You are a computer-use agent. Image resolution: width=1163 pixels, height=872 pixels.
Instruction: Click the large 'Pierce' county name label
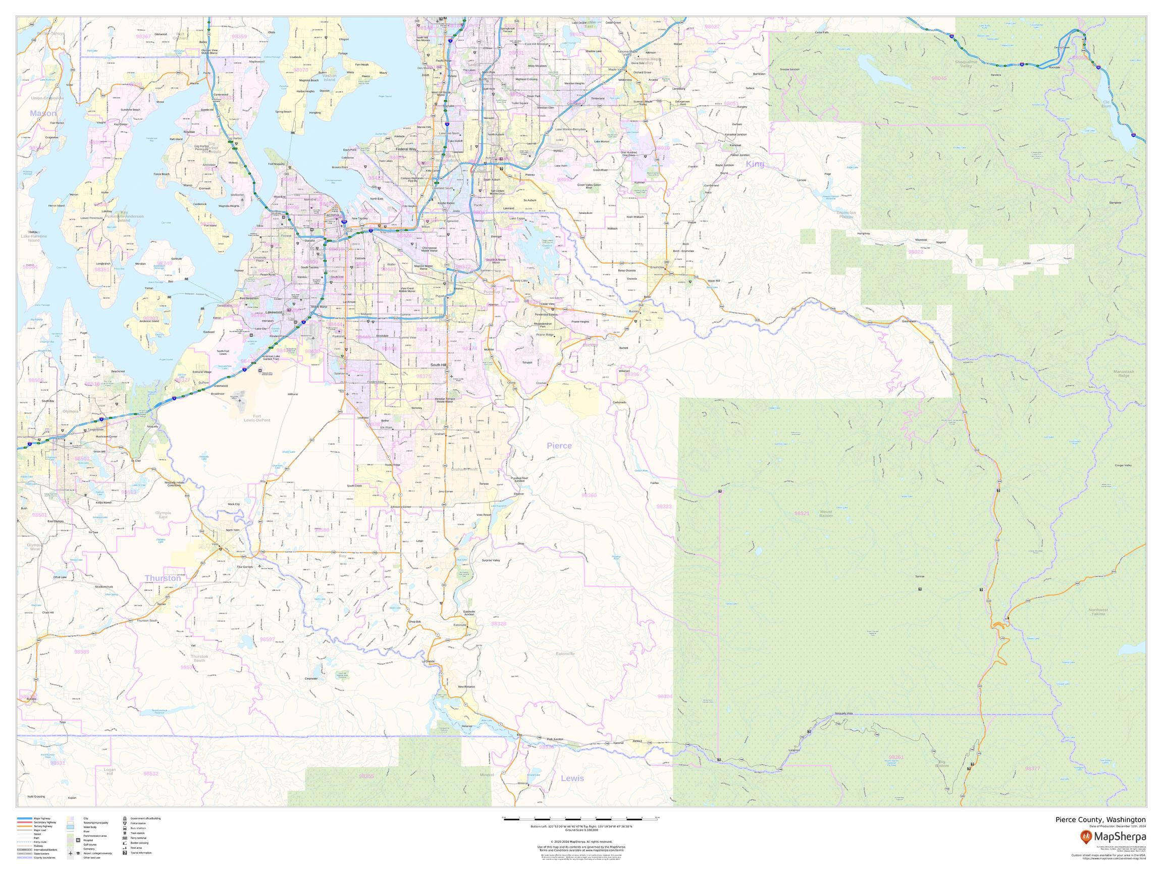pos(559,446)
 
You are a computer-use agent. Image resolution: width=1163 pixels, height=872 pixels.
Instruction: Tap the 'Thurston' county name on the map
pos(163,578)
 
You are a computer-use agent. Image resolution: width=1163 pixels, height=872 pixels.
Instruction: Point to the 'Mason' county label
pos(43,114)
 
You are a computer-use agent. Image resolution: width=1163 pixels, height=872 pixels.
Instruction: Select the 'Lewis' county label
pos(572,779)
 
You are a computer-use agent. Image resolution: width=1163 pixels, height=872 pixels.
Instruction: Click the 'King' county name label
pos(755,164)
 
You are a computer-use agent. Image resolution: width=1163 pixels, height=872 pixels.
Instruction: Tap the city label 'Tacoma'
pos(332,215)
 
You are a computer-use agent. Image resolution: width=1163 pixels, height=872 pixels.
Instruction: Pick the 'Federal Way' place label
pos(406,149)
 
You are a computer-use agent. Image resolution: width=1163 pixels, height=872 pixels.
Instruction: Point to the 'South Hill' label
pos(439,365)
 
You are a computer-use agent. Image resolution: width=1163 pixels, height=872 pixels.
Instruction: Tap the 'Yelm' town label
pos(215,544)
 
